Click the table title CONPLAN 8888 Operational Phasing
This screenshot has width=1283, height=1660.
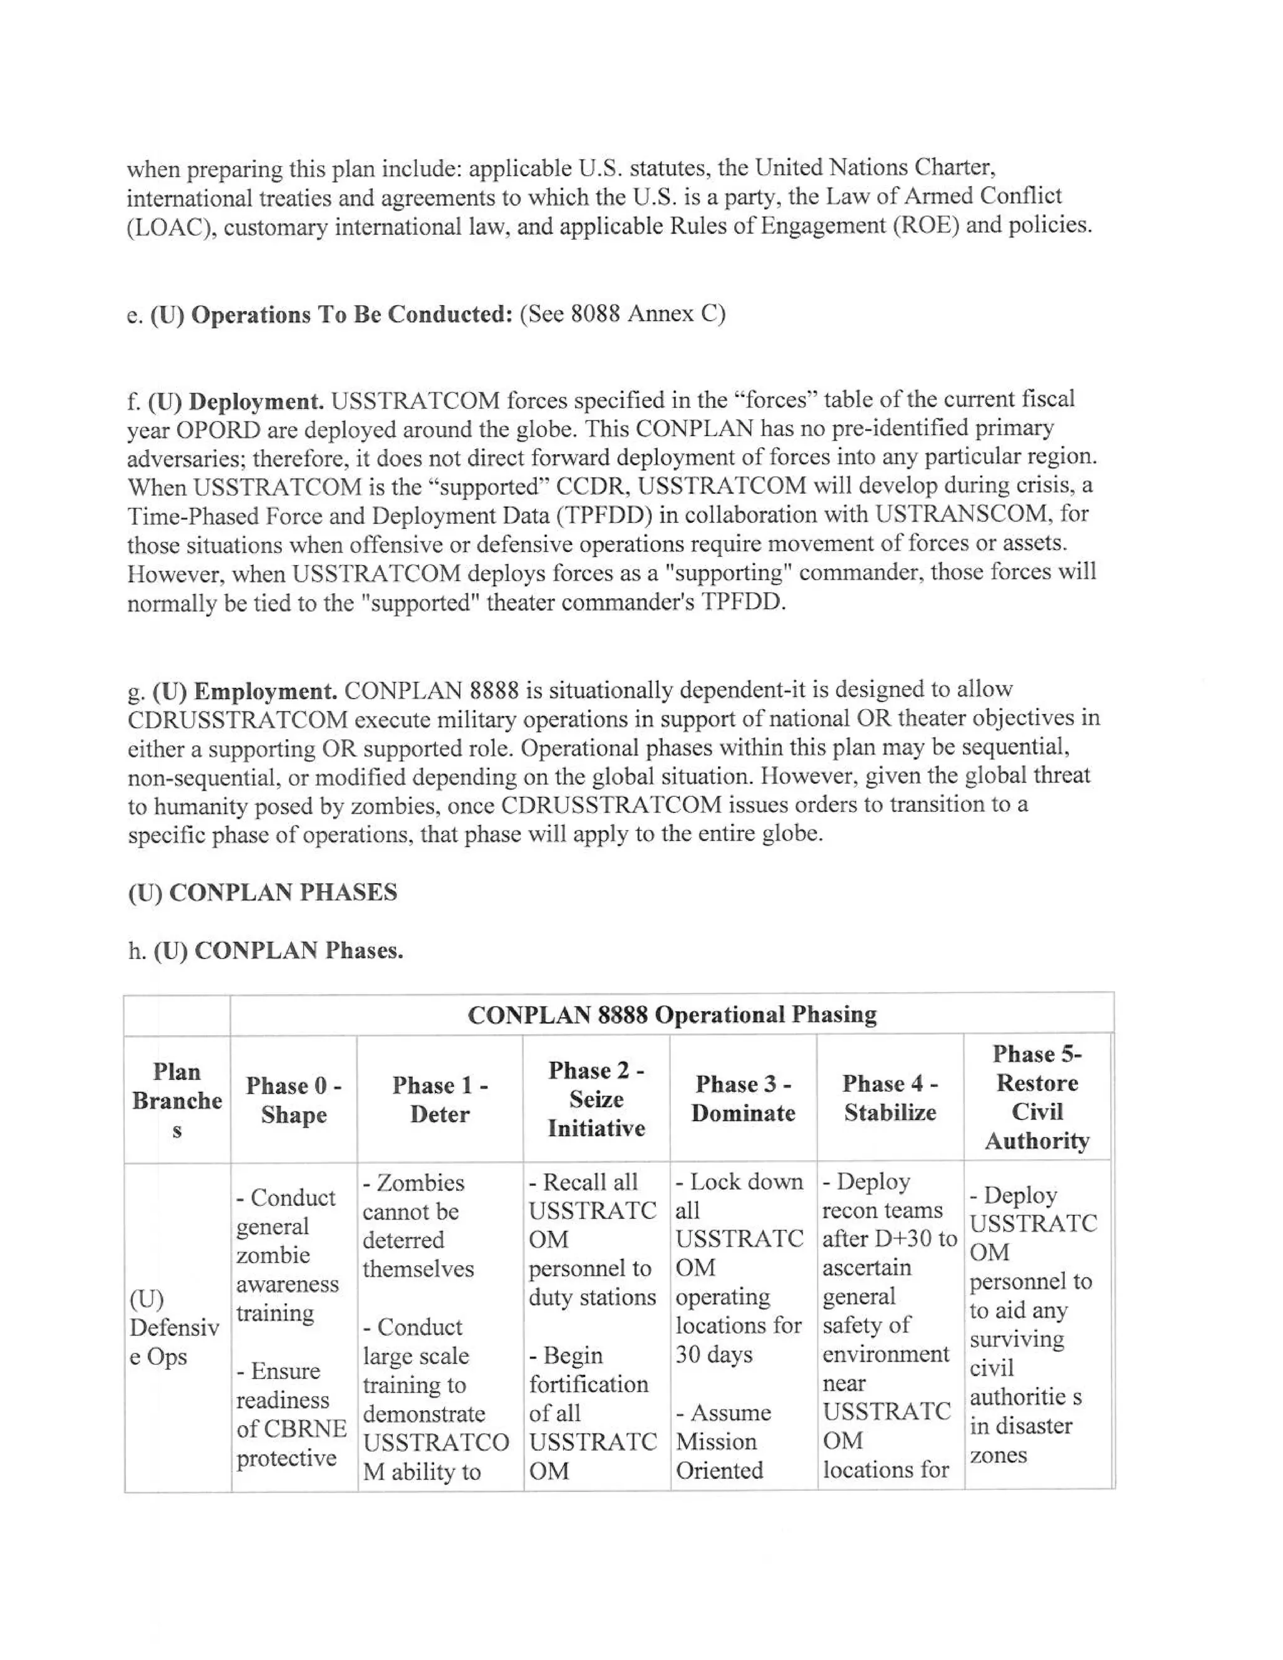pyautogui.click(x=672, y=1015)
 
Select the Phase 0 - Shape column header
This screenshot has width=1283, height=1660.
pyautogui.click(x=293, y=1100)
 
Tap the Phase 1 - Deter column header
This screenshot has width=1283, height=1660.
pyautogui.click(x=439, y=1099)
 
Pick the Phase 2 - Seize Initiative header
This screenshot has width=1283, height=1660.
pyautogui.click(x=596, y=1099)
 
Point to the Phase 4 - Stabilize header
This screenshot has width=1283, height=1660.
pyautogui.click(x=890, y=1097)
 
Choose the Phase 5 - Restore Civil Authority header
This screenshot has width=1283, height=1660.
pyautogui.click(x=1037, y=1097)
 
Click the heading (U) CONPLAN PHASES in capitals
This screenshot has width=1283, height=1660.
pyautogui.click(x=262, y=892)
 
